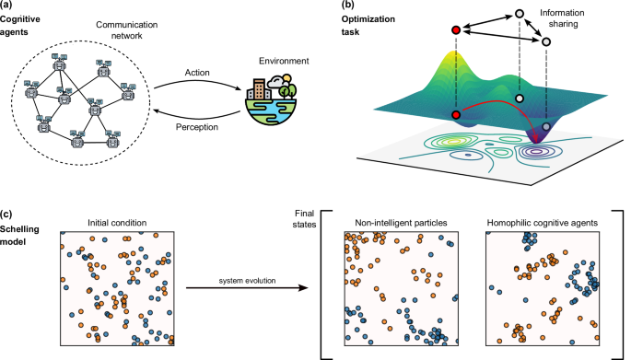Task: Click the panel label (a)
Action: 13,6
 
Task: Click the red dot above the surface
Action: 456,31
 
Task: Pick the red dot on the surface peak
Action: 456,115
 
